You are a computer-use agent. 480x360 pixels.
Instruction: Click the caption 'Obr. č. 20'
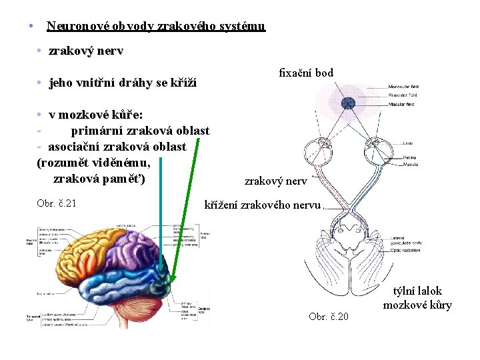click(328, 316)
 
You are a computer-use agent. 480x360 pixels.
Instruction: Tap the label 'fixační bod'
click(306, 73)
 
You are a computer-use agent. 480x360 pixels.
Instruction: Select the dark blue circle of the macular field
click(347, 103)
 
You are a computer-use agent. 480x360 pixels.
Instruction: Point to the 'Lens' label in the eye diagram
click(407, 143)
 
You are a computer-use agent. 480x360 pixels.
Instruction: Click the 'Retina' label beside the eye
click(409, 157)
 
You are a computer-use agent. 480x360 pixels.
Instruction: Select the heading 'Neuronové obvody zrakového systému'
click(155, 27)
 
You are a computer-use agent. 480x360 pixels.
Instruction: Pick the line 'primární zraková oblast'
click(140, 130)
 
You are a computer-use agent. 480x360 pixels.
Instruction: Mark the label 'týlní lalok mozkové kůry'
click(417, 298)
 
